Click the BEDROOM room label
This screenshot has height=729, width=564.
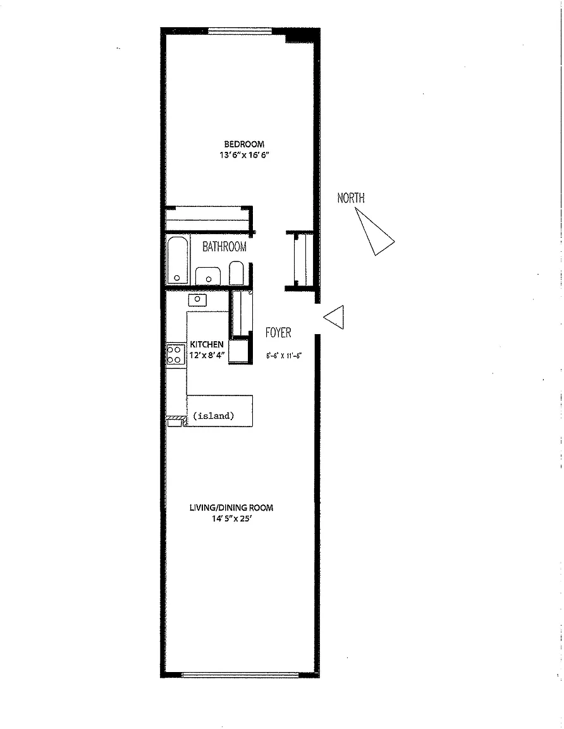tap(244, 144)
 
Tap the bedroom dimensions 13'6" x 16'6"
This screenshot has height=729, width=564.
tap(244, 155)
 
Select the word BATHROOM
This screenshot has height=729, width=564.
tap(224, 246)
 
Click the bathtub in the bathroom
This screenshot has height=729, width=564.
tap(178, 260)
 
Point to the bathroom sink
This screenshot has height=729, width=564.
tap(208, 276)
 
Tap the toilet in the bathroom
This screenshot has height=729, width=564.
tap(236, 273)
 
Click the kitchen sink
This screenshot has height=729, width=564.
tap(197, 299)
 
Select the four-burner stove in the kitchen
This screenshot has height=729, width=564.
tap(175, 354)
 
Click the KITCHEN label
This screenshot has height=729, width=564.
tap(207, 344)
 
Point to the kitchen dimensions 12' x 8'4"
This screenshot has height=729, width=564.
tap(207, 356)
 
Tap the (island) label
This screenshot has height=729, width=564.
tap(213, 416)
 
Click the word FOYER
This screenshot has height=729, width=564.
tap(278, 332)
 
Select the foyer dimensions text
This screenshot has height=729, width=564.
tap(284, 356)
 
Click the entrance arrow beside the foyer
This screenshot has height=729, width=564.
tap(334, 317)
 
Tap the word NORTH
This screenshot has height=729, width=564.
tap(351, 198)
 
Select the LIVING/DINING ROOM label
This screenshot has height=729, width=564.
tap(231, 508)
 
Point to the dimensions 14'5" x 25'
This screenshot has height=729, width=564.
tap(232, 519)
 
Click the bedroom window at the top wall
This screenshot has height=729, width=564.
tap(240, 31)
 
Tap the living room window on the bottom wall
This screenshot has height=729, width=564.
tap(240, 675)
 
